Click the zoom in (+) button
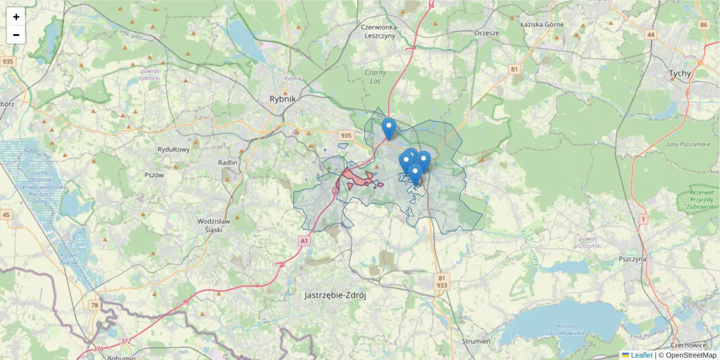pos(16,17)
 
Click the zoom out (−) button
pos(16,35)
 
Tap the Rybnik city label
pos(283,100)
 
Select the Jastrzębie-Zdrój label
pos(335,295)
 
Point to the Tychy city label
pos(680,74)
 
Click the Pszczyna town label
pos(632,260)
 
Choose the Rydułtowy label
pos(173,149)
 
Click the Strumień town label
pos(476,341)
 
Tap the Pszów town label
pos(154,175)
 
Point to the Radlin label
pos(229,163)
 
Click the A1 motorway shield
pos(305,241)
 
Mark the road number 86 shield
pos(703,24)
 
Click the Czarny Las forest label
pos(374,77)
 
